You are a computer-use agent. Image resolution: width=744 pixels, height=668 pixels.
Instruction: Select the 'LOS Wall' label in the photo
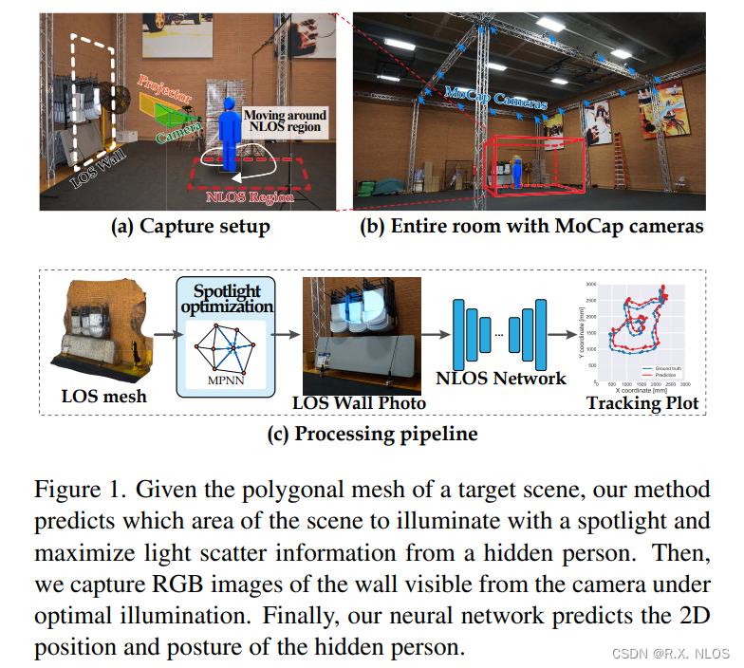[x=92, y=163]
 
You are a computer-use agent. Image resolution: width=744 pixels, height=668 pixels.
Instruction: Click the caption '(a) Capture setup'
[x=191, y=227]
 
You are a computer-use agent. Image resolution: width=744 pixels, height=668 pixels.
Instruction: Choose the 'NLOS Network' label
[x=500, y=378]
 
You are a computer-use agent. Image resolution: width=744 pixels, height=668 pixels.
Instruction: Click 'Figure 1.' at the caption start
[x=78, y=491]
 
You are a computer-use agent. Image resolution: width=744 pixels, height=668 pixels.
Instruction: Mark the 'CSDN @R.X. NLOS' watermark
[x=669, y=653]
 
